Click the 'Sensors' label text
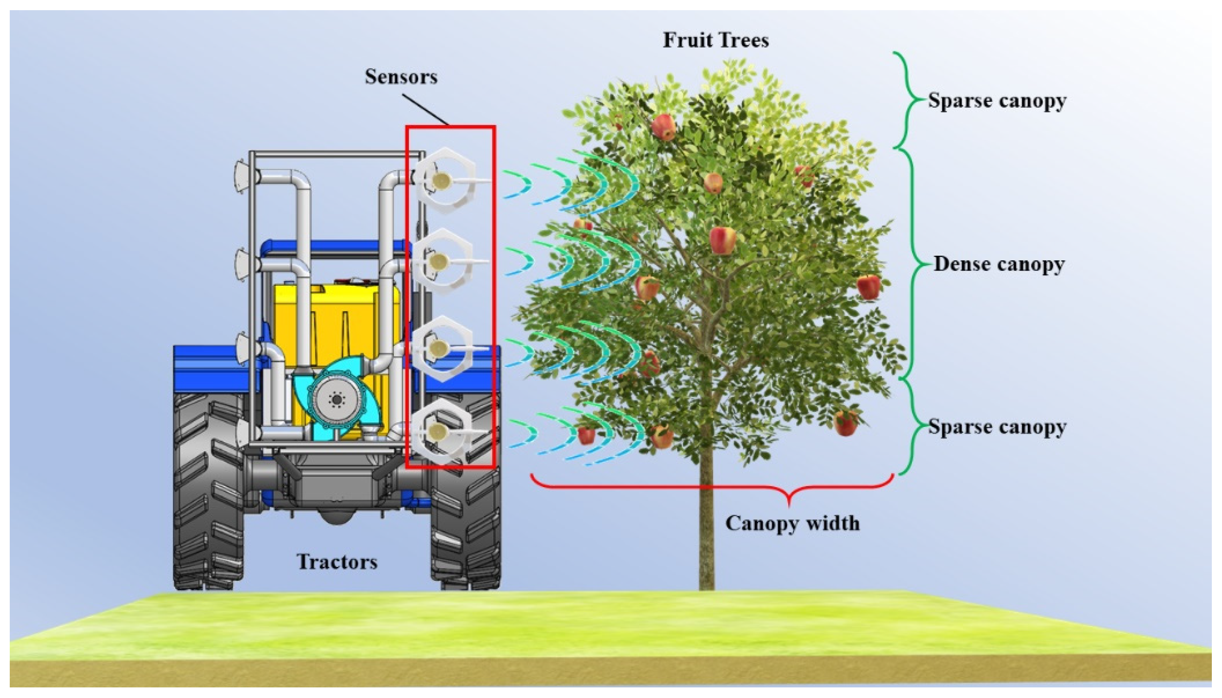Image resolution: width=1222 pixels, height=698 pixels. pos(401,77)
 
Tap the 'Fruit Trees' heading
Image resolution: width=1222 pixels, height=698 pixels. pos(715,40)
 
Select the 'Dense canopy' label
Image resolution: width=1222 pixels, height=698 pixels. pos(999,264)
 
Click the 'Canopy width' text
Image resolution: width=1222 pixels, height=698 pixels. pos(792,523)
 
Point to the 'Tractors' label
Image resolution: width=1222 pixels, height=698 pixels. pos(337,562)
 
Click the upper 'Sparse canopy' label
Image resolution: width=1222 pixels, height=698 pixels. pos(997,101)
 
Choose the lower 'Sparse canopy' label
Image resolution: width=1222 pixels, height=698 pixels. pos(997,427)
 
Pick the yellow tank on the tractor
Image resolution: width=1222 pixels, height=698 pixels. pos(335,307)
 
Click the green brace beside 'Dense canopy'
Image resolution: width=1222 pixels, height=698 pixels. pos(913,264)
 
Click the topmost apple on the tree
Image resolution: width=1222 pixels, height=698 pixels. pos(663,126)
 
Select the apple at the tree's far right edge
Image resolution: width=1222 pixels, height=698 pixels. pos(868,287)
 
